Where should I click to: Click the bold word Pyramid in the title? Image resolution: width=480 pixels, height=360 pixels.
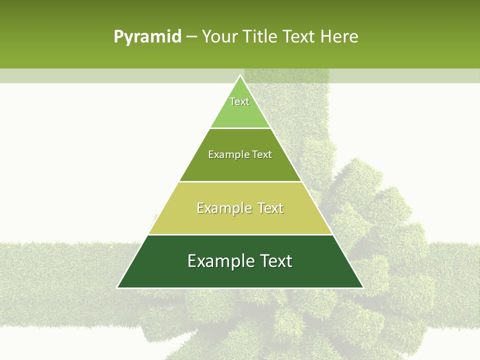pos(147,37)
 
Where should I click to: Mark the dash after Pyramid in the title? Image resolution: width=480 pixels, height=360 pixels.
pos(191,37)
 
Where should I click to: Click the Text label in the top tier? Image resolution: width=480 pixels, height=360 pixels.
pos(239,101)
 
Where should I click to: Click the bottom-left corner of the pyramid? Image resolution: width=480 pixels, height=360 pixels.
pos(117,287)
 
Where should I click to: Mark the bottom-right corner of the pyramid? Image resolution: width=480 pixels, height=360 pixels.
pos(363,287)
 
